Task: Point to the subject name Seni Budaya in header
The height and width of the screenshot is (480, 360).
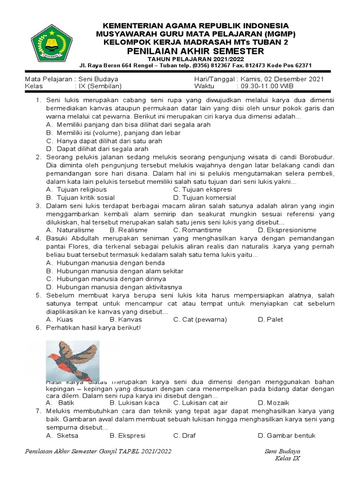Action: pos(98,79)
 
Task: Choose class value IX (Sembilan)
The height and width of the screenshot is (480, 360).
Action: pos(100,86)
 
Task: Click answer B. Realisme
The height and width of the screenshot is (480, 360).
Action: pos(128,230)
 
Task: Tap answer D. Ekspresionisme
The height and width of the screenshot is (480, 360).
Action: pos(287,230)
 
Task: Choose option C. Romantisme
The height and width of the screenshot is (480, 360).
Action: pos(197,230)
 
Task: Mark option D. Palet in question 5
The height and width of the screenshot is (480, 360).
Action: pos(270,319)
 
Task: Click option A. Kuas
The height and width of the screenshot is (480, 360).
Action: pos(59,319)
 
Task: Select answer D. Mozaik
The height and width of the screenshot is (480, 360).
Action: pos(273,403)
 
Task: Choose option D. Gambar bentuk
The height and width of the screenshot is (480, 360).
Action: pos(286,435)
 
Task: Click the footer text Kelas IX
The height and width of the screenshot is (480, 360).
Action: pos(287,458)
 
